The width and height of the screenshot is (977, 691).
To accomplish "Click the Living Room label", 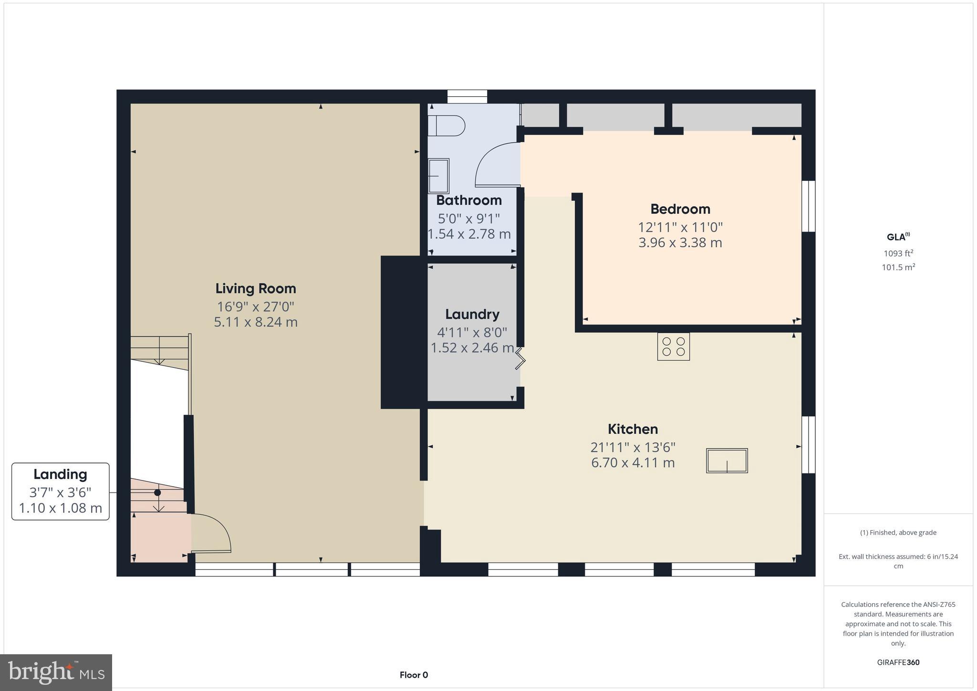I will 256,288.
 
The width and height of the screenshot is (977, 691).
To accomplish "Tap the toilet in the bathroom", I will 447,126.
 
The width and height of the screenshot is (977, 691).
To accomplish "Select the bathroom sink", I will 438,175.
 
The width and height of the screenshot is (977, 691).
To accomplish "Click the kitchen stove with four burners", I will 673,346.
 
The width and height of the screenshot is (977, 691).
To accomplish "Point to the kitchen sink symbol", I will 727,461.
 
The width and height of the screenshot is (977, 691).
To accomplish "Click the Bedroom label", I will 680,209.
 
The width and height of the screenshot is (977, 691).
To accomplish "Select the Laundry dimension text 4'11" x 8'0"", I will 472,332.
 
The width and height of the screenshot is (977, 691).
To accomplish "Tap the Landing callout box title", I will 60,474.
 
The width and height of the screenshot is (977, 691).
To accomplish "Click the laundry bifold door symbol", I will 520,359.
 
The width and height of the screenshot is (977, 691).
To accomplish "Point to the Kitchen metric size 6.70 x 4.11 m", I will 633,462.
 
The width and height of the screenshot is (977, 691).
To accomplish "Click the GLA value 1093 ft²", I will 898,253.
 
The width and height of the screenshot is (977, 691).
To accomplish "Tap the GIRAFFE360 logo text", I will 898,662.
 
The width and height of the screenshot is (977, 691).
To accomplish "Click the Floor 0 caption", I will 414,675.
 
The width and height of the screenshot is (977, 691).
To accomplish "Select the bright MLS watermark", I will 56,672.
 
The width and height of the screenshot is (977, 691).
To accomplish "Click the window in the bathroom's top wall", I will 467,96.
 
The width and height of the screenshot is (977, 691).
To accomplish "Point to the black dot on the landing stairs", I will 157,492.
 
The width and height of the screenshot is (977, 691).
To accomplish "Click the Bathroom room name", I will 469,200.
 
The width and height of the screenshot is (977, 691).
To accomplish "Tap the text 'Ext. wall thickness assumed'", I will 898,556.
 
